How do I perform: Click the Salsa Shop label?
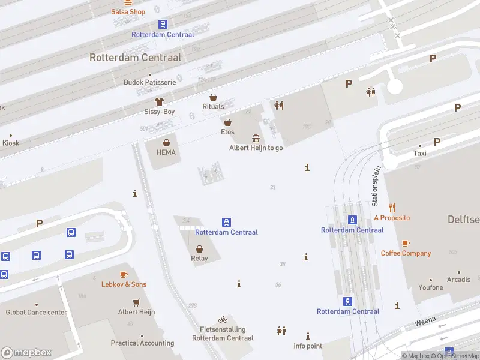(128, 12)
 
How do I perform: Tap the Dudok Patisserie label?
(149, 82)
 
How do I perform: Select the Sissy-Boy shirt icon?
(159, 102)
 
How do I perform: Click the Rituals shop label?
(213, 107)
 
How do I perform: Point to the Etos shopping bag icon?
(227, 122)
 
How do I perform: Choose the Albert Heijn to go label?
(256, 148)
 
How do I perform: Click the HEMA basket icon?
(166, 143)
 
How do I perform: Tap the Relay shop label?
(199, 259)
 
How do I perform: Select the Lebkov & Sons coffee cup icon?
(124, 274)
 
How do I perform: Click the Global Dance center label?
(36, 312)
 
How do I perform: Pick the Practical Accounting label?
(142, 343)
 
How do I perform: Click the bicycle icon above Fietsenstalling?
(223, 320)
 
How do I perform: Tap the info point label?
(308, 346)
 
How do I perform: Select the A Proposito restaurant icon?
(392, 208)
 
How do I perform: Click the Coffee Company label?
(406, 253)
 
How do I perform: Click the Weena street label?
(424, 323)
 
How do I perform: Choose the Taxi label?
(419, 153)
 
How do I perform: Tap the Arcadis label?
(458, 280)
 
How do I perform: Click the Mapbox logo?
(26, 353)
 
